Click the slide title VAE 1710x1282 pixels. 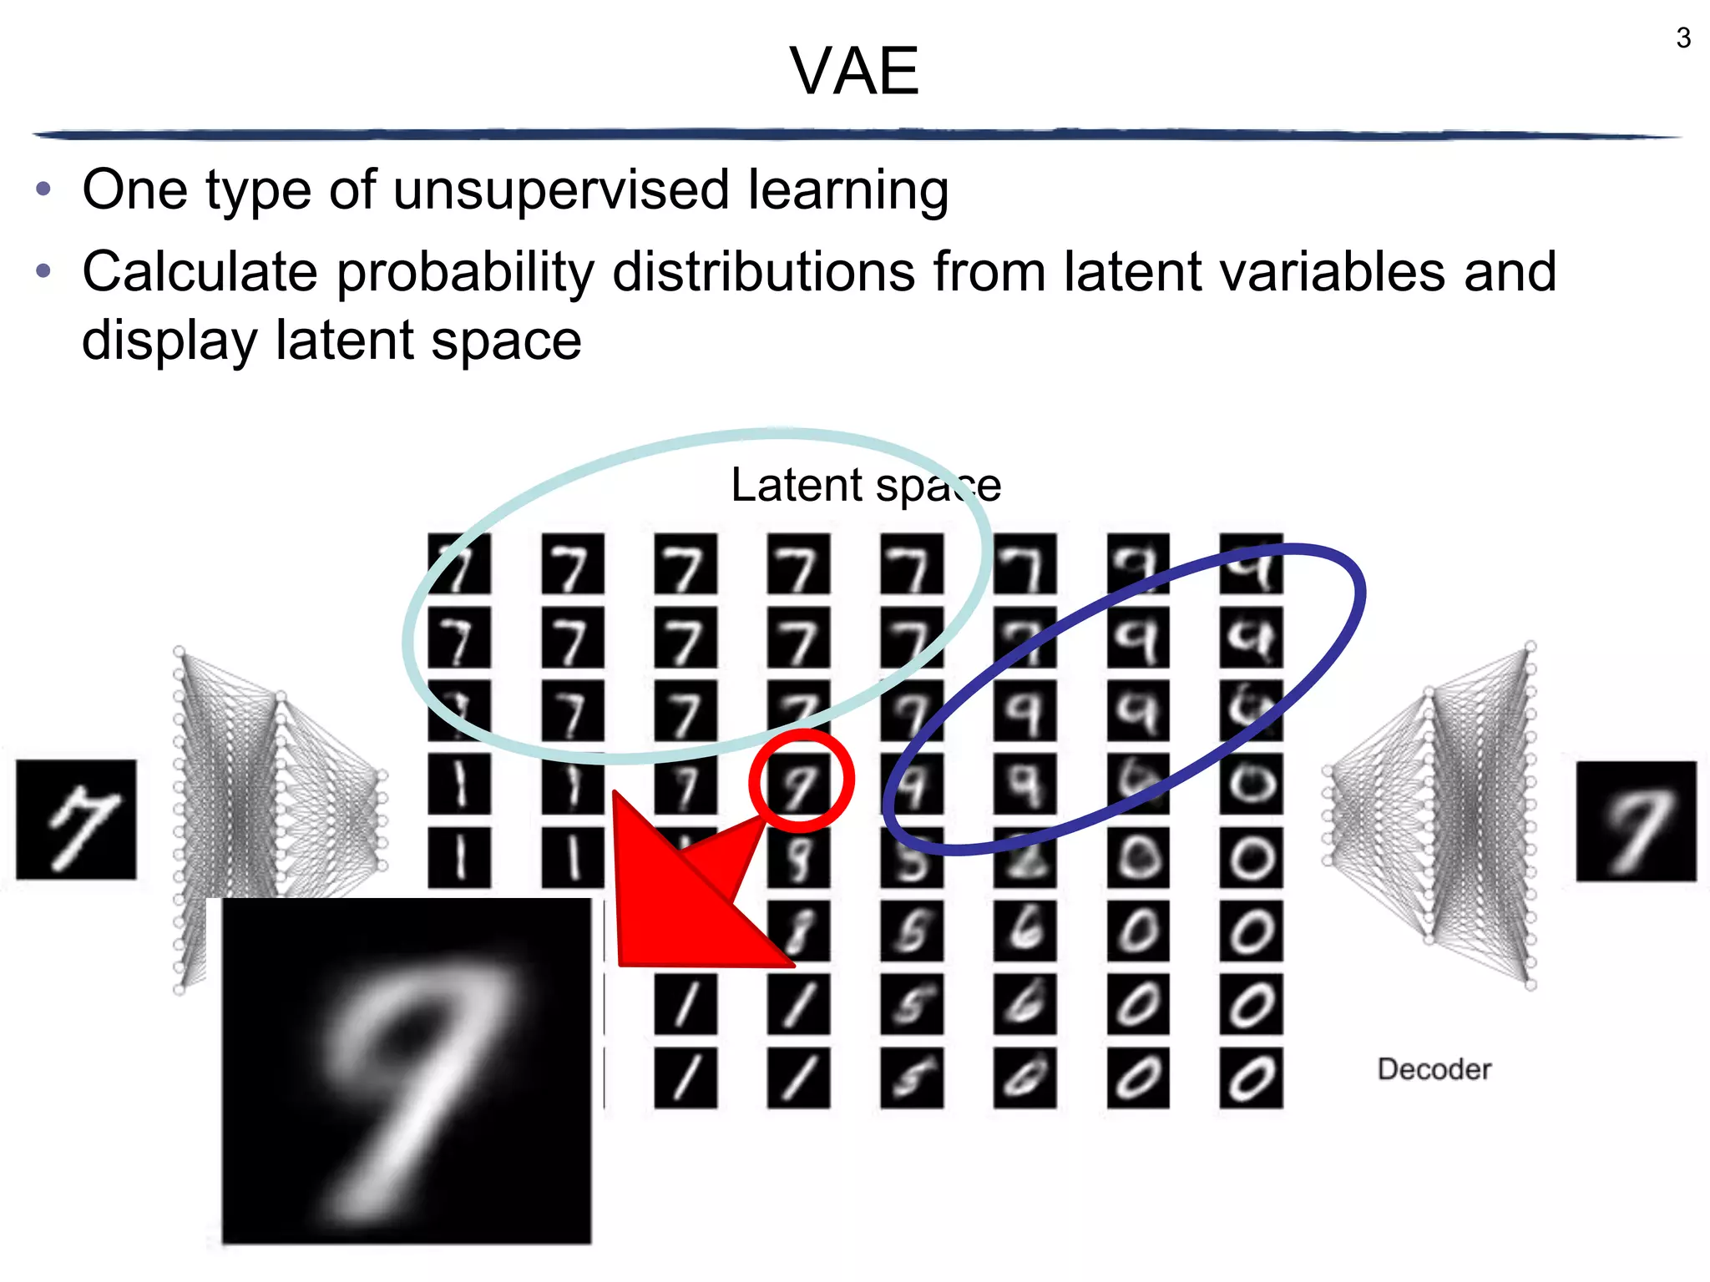(x=854, y=72)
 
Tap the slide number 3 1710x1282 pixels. (x=1682, y=38)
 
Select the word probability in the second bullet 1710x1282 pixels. (x=464, y=272)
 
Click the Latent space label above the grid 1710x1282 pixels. (x=865, y=485)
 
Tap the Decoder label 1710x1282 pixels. (x=1434, y=1069)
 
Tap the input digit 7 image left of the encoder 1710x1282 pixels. (x=76, y=819)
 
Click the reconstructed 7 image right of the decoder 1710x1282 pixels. (x=1636, y=820)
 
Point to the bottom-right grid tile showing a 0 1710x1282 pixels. (x=1250, y=1078)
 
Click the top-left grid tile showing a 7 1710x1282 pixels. (x=458, y=564)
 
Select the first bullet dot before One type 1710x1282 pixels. (x=44, y=189)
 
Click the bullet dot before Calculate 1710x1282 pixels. (x=44, y=271)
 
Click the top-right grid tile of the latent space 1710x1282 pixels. (x=1250, y=564)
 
